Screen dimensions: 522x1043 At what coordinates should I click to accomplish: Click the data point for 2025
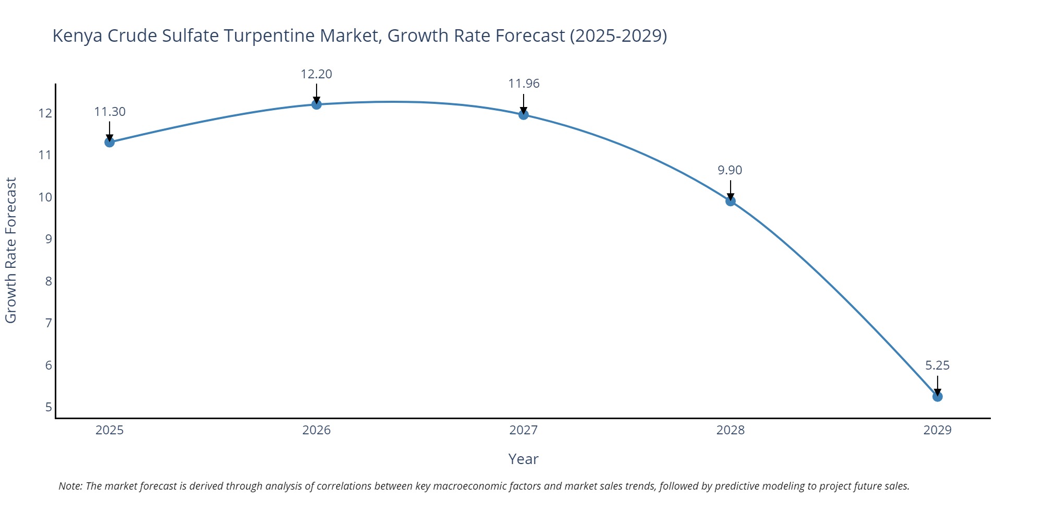(110, 142)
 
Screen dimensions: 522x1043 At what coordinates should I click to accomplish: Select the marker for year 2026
(317, 104)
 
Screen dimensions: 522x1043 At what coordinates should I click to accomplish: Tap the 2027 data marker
(524, 115)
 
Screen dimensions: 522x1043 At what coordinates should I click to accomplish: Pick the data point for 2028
(731, 201)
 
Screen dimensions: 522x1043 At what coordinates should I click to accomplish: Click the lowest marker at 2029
(938, 397)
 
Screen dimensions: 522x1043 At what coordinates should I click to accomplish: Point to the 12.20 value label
(317, 74)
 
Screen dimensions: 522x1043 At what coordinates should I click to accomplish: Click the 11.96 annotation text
(524, 84)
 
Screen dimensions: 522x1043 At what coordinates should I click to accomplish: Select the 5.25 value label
(938, 365)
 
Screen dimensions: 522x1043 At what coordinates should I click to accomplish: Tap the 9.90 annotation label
(730, 170)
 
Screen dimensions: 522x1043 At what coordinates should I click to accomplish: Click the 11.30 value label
(110, 112)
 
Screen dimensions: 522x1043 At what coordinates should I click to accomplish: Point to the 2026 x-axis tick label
(317, 430)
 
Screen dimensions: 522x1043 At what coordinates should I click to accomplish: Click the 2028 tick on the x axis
(731, 430)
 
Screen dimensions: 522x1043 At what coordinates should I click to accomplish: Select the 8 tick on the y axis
(48, 281)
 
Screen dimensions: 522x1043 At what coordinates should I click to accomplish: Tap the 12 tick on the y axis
(45, 113)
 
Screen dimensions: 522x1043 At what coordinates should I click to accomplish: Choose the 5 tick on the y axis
(48, 407)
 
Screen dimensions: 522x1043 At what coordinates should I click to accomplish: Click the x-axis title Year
(523, 459)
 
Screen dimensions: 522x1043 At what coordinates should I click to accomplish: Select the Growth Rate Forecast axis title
(11, 250)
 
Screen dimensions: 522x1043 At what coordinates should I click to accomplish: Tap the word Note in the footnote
(70, 486)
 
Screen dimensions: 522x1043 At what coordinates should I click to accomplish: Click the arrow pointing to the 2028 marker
(731, 190)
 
